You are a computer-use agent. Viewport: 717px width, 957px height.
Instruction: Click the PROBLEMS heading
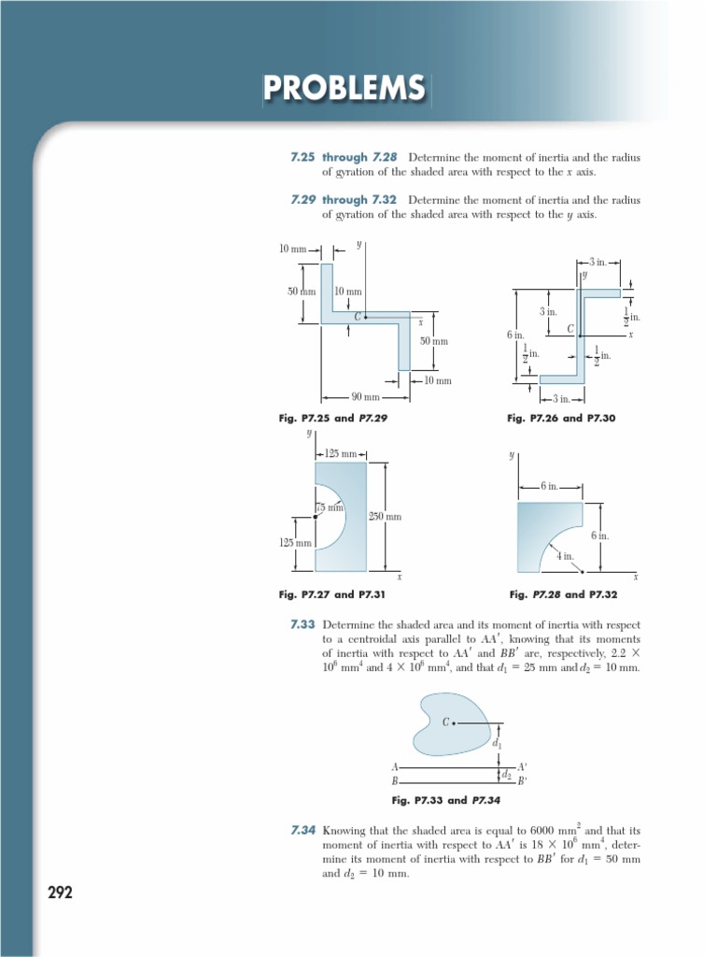pos(344,89)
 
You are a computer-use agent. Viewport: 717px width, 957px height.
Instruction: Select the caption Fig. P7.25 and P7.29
pos(332,419)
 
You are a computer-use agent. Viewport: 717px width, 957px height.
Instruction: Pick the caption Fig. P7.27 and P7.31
pos(331,593)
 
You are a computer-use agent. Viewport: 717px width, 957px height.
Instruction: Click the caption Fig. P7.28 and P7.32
pos(563,593)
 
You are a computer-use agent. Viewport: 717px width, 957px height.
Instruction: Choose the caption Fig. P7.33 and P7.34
pos(446,800)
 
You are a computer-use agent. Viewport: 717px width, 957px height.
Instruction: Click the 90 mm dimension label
pos(365,396)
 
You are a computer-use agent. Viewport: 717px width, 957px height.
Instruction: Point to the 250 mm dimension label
pos(386,516)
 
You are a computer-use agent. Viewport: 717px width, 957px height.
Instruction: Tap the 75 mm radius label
pos(330,507)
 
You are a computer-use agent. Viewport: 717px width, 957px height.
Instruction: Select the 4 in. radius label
pos(565,556)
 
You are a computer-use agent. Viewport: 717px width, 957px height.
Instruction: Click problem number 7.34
pos(302,829)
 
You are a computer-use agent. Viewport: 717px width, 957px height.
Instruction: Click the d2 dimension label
pos(507,774)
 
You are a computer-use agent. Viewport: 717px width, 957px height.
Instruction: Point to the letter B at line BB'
pos(395,780)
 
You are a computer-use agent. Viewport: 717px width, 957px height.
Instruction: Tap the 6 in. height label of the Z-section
pos(515,335)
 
